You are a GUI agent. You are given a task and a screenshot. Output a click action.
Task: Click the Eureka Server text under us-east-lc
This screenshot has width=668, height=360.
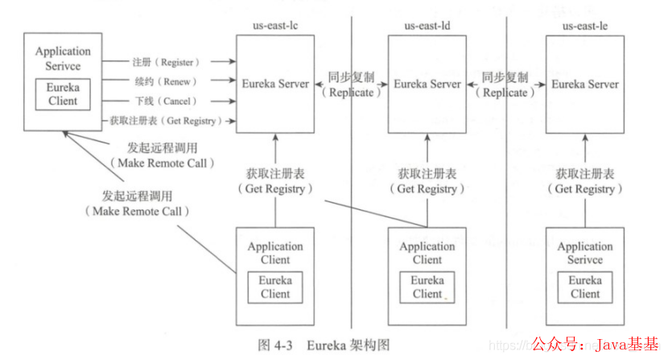275,84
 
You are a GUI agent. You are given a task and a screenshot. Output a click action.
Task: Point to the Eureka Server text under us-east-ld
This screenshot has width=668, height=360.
427,84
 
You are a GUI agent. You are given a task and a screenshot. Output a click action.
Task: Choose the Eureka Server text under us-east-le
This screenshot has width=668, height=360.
585,84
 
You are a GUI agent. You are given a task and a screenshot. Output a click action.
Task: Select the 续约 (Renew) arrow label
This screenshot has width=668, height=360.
164,81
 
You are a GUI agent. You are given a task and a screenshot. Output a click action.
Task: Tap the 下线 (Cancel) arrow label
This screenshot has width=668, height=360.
164,101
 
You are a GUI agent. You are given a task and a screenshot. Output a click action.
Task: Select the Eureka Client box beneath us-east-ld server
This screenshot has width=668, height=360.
427,287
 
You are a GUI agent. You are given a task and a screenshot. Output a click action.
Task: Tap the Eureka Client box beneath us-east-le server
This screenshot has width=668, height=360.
585,287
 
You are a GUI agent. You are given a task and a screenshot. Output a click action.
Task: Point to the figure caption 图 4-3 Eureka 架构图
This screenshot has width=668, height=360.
324,345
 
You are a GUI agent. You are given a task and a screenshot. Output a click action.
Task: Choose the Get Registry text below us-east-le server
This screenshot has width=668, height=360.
585,188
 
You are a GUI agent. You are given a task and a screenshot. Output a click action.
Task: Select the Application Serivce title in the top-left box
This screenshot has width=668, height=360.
63,57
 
